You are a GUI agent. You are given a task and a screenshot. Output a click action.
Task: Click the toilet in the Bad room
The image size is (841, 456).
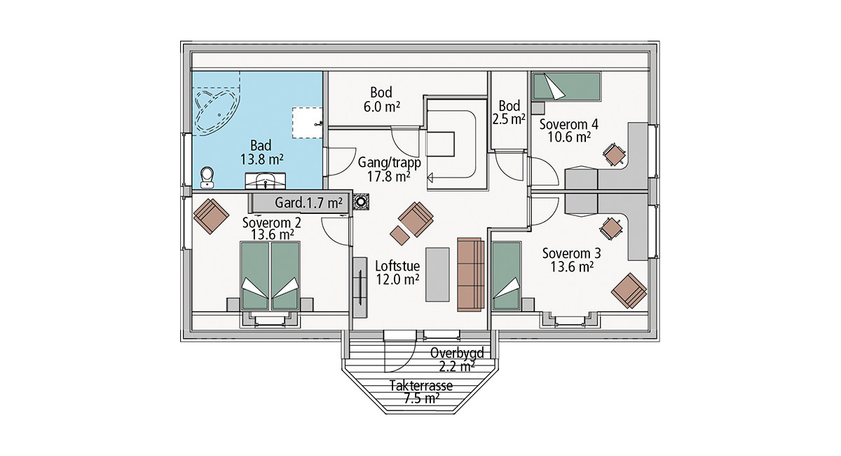tap(207, 177)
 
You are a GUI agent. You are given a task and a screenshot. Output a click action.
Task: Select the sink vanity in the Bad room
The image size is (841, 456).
tap(266, 181)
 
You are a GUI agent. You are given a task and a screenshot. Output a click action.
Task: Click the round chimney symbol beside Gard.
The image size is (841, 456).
tap(361, 202)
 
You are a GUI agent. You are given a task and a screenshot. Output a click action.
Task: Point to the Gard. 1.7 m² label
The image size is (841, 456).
tap(308, 203)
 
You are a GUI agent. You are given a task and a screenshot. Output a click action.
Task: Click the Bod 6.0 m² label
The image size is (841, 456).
tap(381, 100)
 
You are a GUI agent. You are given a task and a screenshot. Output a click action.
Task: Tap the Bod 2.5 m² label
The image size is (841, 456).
tap(509, 112)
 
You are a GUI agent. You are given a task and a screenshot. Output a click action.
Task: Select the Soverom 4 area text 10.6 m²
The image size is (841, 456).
tap(569, 138)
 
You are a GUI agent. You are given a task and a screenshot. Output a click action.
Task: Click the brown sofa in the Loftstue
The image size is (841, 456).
tap(470, 274)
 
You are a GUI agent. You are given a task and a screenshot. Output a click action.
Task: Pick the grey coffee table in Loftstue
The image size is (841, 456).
tap(437, 274)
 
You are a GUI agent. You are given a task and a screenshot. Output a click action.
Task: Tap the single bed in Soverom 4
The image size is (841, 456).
tap(566, 86)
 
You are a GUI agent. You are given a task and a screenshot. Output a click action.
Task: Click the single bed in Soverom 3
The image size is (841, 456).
tap(507, 276)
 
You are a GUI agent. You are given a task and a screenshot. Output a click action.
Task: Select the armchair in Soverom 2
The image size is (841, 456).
tap(211, 216)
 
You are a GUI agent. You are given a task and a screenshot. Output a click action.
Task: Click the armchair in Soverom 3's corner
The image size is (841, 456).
tap(629, 291)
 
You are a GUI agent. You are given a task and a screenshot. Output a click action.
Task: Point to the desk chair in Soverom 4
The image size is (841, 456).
tap(614, 154)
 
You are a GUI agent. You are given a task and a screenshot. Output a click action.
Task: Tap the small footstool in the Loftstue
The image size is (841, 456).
tap(399, 235)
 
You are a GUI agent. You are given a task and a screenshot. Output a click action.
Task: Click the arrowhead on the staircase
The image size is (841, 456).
tap(430, 177)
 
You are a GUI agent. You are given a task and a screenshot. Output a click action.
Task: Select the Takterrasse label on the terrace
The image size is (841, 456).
tap(421, 386)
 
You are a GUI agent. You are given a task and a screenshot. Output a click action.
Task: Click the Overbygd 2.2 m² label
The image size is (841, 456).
tap(457, 360)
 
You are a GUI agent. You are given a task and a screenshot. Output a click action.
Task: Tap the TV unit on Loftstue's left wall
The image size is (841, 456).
tap(360, 288)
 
